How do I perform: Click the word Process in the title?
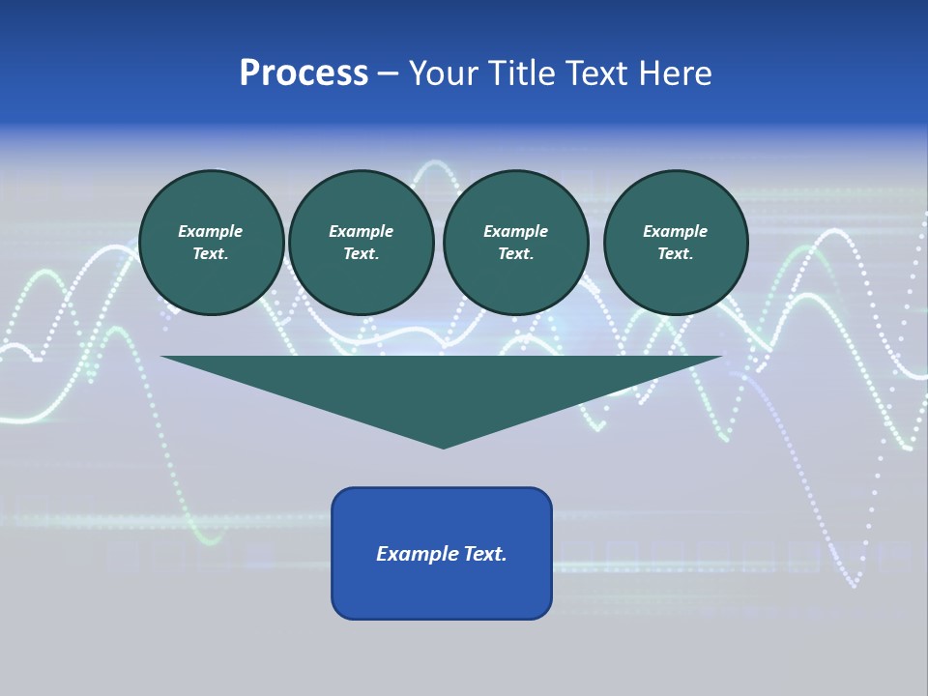(x=304, y=73)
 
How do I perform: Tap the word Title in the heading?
(x=519, y=73)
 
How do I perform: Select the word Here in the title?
(x=676, y=73)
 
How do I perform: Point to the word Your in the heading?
(x=444, y=73)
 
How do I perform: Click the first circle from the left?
(x=211, y=243)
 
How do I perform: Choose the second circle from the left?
(x=361, y=243)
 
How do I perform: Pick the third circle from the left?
(x=515, y=243)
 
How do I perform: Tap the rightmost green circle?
(x=675, y=243)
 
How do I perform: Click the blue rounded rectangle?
(x=442, y=553)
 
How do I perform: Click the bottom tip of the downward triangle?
(x=443, y=447)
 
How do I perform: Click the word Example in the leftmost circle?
(x=211, y=231)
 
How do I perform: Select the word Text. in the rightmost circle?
(x=675, y=254)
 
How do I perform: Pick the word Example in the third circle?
(x=515, y=231)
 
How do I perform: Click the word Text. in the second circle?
(x=361, y=254)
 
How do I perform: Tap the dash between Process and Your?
(x=388, y=74)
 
